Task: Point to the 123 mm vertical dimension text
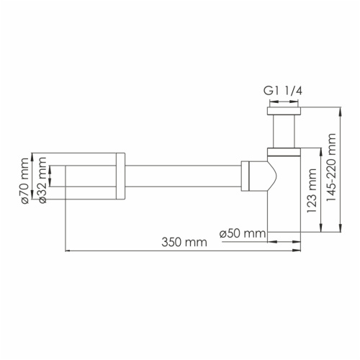[x=311, y=189]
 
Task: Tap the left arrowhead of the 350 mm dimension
[x=69, y=251]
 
